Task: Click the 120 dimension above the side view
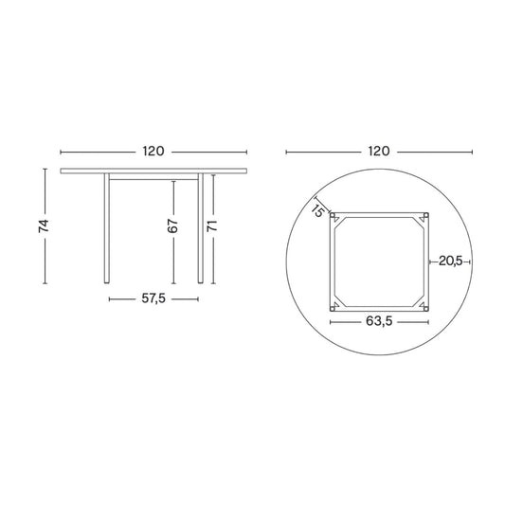pos(153,151)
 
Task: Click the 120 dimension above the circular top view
pos(379,151)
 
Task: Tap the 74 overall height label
pos(44,225)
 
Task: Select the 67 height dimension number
pos(173,226)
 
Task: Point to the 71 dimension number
pos(212,225)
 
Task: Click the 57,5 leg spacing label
pos(153,298)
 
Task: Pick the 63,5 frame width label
pos(379,321)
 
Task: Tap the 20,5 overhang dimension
pos(451,261)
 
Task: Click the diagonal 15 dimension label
pos(317,211)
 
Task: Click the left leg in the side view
pos(107,228)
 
